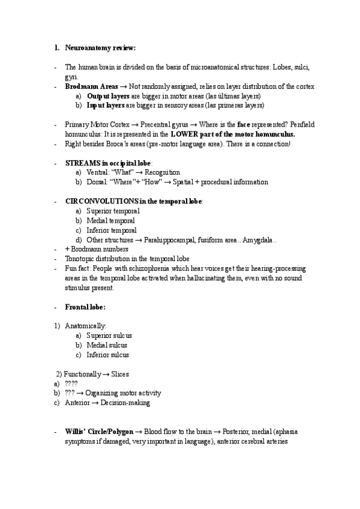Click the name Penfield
(x=301, y=125)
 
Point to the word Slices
(x=120, y=374)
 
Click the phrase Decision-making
(x=125, y=403)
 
